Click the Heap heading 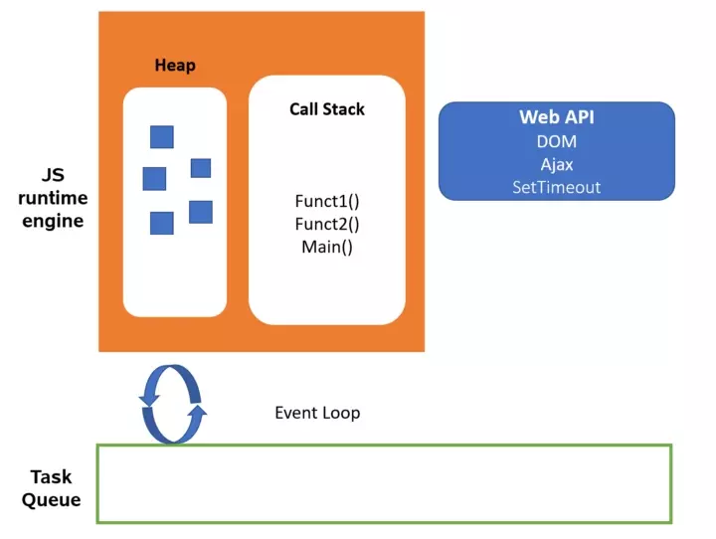(x=175, y=66)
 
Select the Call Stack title (x=326, y=108)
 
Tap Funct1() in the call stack (x=326, y=201)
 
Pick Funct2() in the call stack (x=326, y=224)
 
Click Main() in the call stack (x=326, y=246)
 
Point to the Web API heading (x=556, y=117)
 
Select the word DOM (x=556, y=141)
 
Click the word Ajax (x=556, y=164)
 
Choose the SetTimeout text (x=556, y=187)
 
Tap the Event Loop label (x=316, y=413)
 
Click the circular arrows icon (x=173, y=403)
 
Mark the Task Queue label (x=51, y=488)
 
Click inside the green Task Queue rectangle (x=384, y=483)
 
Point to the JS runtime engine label (x=51, y=197)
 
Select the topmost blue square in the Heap (x=162, y=136)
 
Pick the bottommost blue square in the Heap (x=161, y=223)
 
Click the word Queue (x=51, y=500)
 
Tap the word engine (x=51, y=221)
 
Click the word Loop (x=340, y=413)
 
